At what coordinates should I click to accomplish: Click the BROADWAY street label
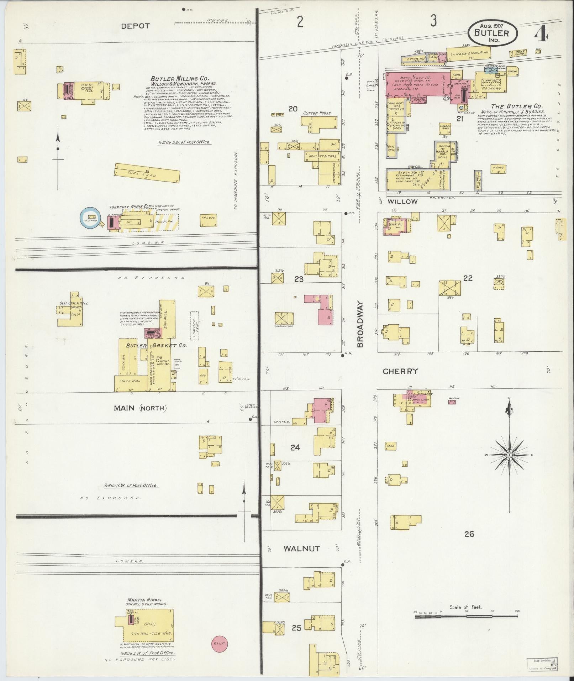[360, 325]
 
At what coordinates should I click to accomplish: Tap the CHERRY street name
[400, 371]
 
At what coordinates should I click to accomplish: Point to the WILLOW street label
[402, 201]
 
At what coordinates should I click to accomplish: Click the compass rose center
[509, 455]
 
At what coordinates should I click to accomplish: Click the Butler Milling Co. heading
[180, 79]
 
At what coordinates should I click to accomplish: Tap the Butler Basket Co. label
[157, 345]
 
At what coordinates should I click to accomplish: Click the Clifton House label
[317, 113]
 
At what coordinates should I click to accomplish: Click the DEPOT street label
[135, 26]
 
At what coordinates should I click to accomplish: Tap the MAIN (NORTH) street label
[140, 408]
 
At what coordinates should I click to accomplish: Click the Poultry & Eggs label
[323, 156]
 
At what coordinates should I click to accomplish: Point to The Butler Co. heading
[516, 106]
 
